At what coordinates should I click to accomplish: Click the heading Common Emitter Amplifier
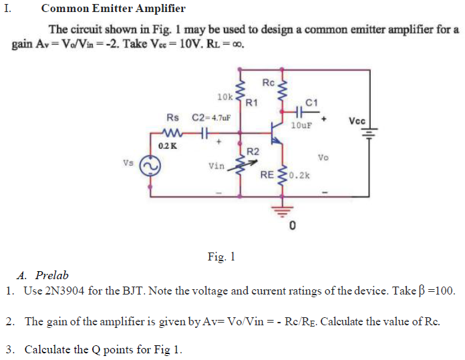(113, 9)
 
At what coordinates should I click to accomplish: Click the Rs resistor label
(172, 118)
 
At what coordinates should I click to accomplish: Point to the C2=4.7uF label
(211, 118)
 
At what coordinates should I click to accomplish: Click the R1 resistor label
(252, 103)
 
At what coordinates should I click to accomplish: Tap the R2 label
(253, 151)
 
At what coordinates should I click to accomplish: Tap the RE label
(267, 176)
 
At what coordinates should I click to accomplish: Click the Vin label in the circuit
(216, 166)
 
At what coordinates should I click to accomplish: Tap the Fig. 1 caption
(221, 256)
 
